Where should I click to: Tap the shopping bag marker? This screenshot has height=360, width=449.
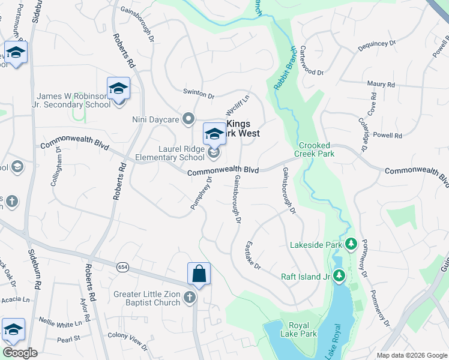[199, 275]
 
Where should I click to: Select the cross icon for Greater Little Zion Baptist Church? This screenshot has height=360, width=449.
[189, 298]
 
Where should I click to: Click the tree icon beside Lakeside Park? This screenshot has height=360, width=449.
[351, 244]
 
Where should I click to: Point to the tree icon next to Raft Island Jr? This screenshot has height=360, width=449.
[339, 276]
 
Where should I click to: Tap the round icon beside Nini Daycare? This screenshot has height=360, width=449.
[189, 119]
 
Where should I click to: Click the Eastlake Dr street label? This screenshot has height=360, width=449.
[253, 255]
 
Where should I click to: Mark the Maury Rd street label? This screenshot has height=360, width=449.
[381, 85]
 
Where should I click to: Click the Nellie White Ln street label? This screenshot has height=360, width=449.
[60, 324]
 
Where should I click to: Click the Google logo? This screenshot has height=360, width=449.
[19, 353]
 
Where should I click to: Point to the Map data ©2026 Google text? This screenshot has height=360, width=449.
[412, 355]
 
